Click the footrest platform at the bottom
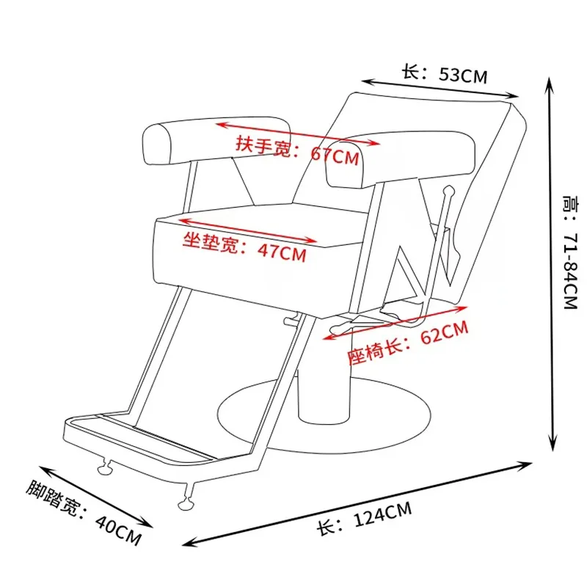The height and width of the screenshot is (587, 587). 139,440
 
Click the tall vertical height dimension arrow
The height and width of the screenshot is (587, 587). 548,264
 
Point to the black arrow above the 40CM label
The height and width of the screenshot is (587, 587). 95,495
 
